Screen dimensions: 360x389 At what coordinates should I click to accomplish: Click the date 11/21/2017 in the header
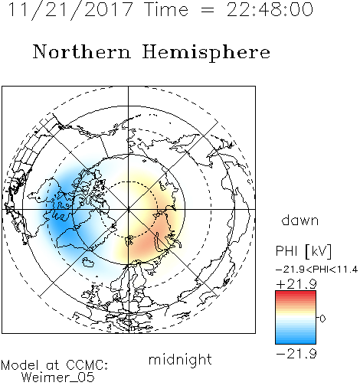(70, 10)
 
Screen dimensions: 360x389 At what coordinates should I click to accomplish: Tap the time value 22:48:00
(270, 9)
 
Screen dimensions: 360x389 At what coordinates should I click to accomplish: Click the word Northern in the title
(82, 51)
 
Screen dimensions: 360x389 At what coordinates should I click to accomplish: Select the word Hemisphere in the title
(206, 52)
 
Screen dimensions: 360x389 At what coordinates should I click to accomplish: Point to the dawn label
(300, 220)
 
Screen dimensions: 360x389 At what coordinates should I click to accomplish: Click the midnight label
(180, 360)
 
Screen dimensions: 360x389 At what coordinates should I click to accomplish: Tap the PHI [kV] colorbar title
(303, 251)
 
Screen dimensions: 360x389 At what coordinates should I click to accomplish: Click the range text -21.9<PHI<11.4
(316, 270)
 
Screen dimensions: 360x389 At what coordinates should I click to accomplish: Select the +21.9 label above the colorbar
(296, 284)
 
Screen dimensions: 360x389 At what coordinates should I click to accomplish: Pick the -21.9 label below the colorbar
(296, 354)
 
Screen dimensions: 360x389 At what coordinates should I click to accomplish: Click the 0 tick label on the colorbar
(322, 319)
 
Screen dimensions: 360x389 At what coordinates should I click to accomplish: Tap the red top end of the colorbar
(296, 293)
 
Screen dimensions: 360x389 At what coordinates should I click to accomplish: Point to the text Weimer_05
(58, 378)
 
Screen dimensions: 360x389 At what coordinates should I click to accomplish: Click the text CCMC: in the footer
(87, 365)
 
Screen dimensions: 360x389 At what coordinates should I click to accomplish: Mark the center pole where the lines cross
(128, 209)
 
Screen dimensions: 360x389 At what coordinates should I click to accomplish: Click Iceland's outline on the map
(88, 262)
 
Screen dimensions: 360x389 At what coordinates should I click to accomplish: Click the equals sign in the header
(207, 10)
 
